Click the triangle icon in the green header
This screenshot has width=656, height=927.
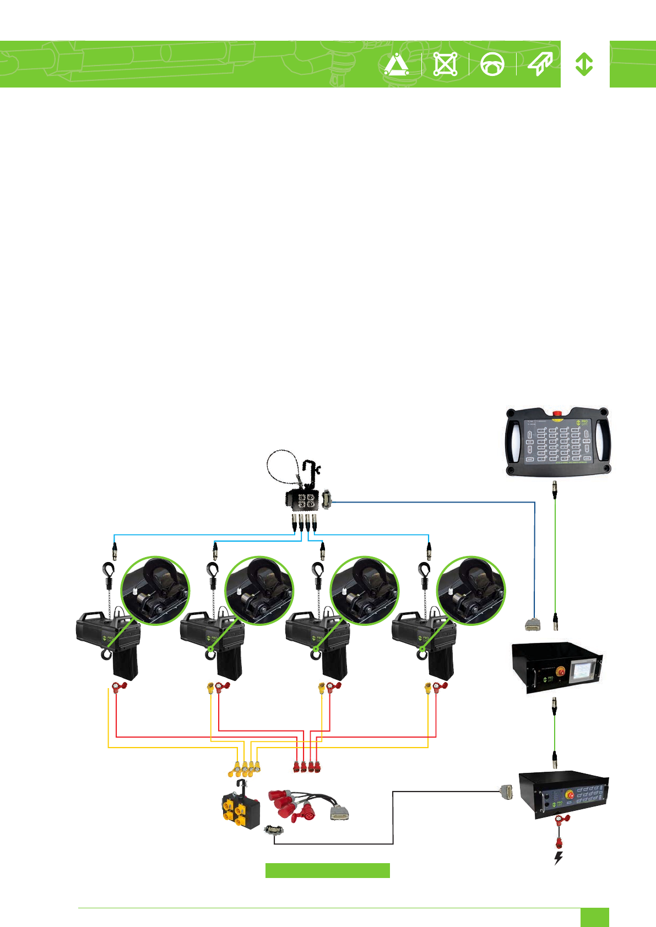click(x=397, y=64)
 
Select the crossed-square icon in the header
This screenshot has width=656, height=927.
click(x=445, y=64)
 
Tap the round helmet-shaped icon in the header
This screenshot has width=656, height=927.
click(x=492, y=64)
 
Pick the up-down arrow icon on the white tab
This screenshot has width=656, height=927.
click(x=584, y=64)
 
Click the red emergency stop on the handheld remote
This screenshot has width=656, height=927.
click(x=557, y=413)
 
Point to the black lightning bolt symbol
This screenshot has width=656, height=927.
click(x=559, y=858)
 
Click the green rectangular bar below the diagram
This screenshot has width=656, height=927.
click(x=327, y=870)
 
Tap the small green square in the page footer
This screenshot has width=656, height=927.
click(x=594, y=917)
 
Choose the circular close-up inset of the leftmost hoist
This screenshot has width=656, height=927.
click(x=155, y=591)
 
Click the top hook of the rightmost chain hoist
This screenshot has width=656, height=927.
click(x=424, y=570)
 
